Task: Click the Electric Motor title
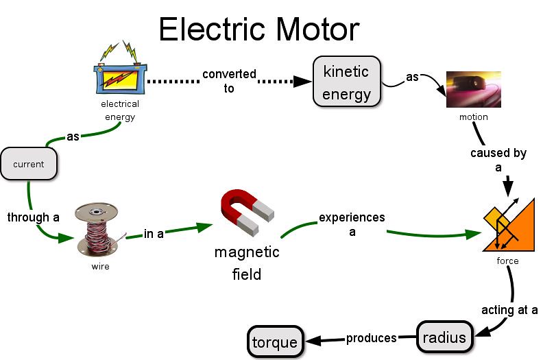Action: (x=259, y=29)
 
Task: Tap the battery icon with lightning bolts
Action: (x=120, y=69)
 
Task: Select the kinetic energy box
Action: (x=347, y=82)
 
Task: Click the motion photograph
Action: (x=473, y=89)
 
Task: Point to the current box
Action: (x=29, y=164)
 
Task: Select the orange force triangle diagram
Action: (x=508, y=224)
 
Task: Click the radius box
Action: (x=444, y=337)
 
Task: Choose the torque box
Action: (x=276, y=342)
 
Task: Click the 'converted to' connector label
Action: (x=229, y=81)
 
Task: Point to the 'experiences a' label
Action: (x=352, y=224)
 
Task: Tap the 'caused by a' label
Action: (x=498, y=160)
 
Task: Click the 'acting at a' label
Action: (x=509, y=310)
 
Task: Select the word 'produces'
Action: (x=371, y=338)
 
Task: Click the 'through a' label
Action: (x=33, y=217)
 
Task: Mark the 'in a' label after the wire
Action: (x=154, y=234)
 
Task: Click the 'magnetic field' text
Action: (x=247, y=263)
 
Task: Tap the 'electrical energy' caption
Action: (x=120, y=110)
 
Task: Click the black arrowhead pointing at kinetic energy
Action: (x=302, y=82)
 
